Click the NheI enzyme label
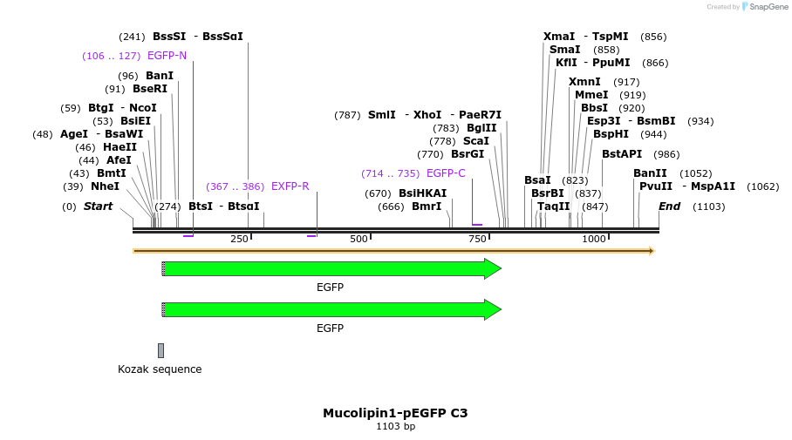[x=105, y=186]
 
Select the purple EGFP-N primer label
[x=167, y=56]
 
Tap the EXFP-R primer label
[x=290, y=186]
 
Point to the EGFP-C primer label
[x=446, y=173]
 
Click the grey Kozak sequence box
[x=160, y=350]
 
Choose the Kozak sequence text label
[x=160, y=369]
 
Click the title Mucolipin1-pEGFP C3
[x=395, y=413]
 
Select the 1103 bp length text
[x=395, y=427]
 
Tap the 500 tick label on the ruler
[x=358, y=239]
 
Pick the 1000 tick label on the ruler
[x=593, y=239]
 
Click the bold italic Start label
[x=98, y=206]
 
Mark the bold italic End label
[x=669, y=206]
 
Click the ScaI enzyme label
[x=475, y=141]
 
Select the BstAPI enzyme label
[x=621, y=154]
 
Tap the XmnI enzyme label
[x=584, y=82]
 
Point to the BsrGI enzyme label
[x=468, y=154]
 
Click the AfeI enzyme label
[x=119, y=160]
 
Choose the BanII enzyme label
[x=650, y=173]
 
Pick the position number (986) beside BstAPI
[x=666, y=154]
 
